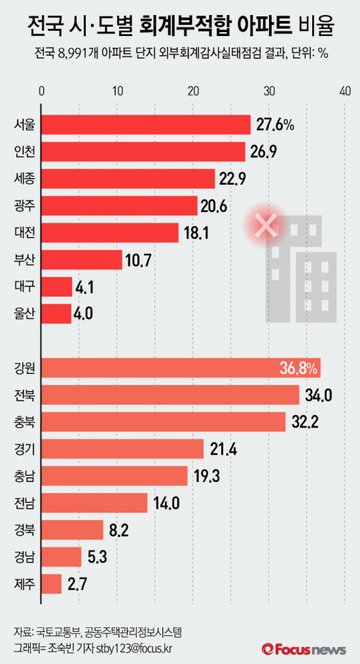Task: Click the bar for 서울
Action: tap(146, 125)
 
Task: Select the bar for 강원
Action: tap(181, 368)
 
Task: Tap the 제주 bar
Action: tap(51, 584)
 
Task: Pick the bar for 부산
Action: tap(81, 260)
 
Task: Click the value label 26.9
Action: tap(266, 152)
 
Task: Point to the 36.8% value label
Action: tap(300, 368)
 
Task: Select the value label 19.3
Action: tap(207, 476)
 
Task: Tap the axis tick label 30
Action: tap(268, 91)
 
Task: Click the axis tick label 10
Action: tap(117, 91)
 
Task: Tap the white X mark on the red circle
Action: tap(266, 225)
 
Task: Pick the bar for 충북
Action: tap(163, 422)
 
